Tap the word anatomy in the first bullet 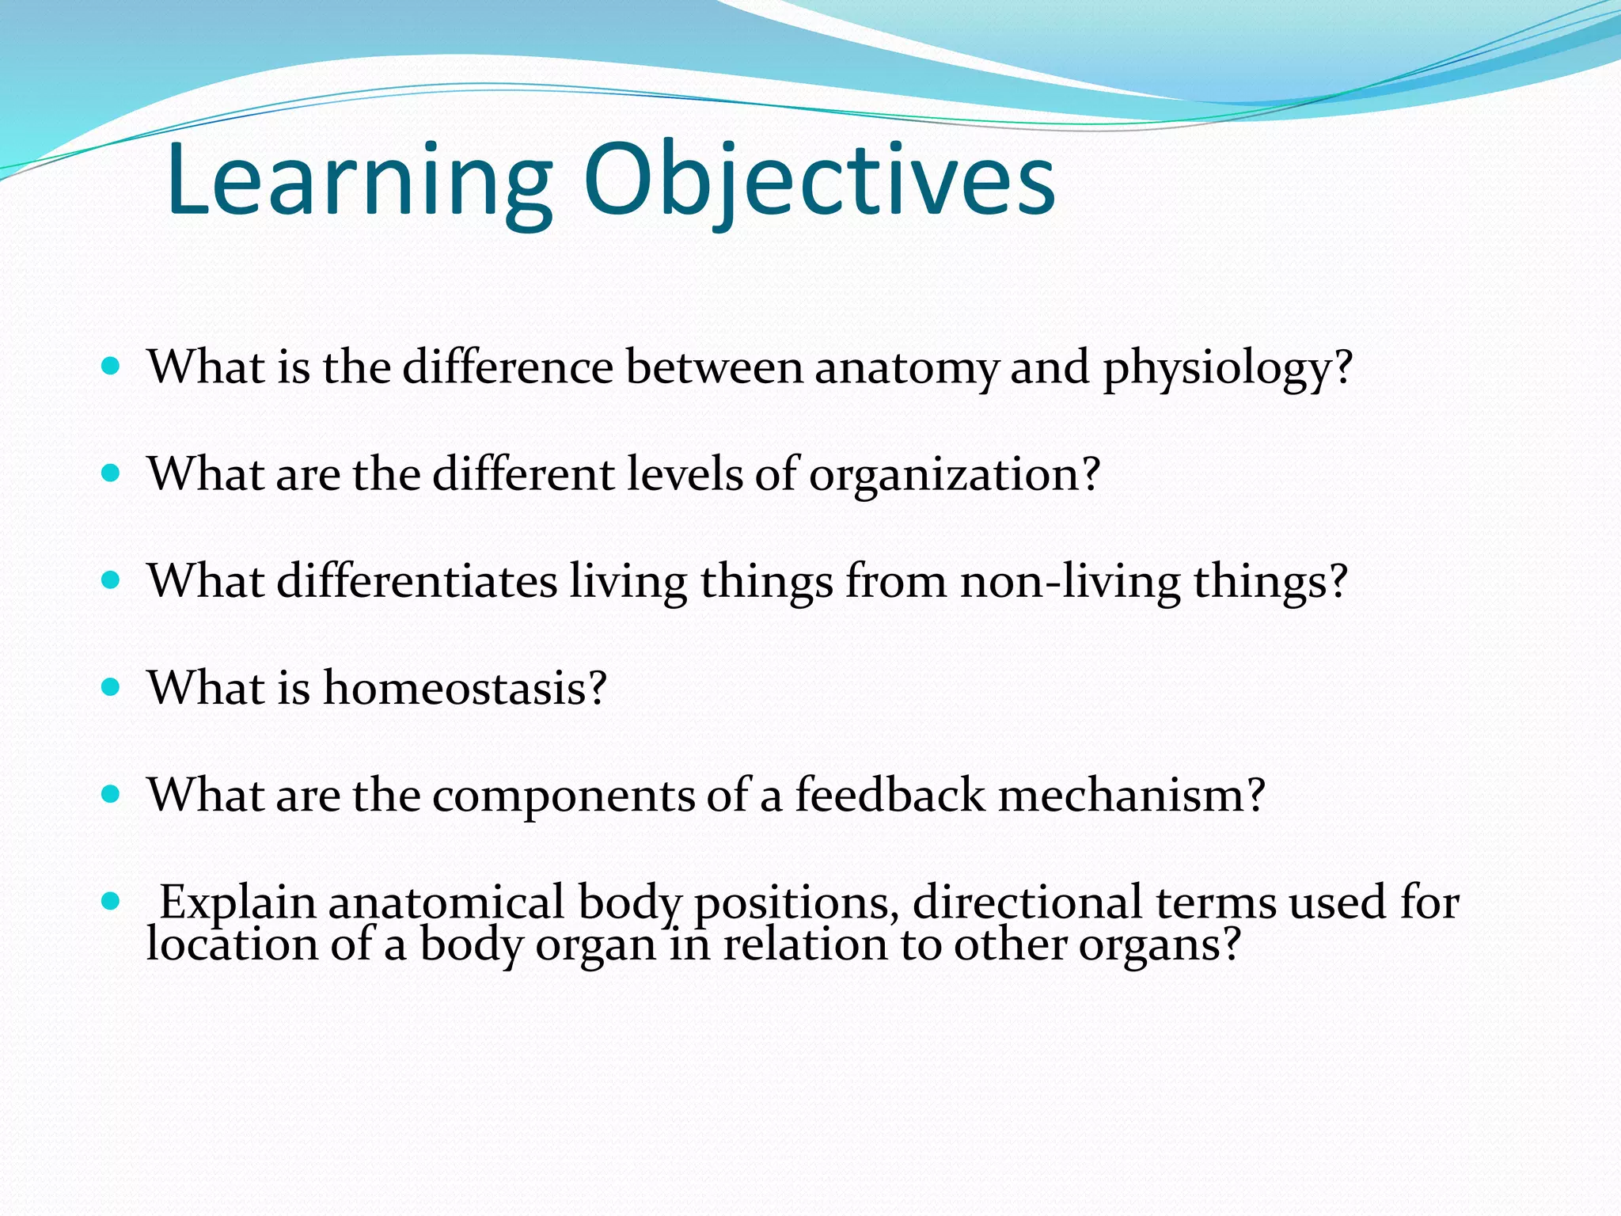click(x=906, y=369)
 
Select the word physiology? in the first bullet click(x=1227, y=369)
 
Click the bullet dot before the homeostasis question click(x=111, y=686)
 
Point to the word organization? click(x=954, y=475)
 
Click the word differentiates click(x=417, y=581)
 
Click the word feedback click(x=890, y=794)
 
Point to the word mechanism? click(x=1132, y=794)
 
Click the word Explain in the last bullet click(x=237, y=902)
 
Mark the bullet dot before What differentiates click(x=111, y=579)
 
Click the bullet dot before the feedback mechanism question click(x=111, y=793)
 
